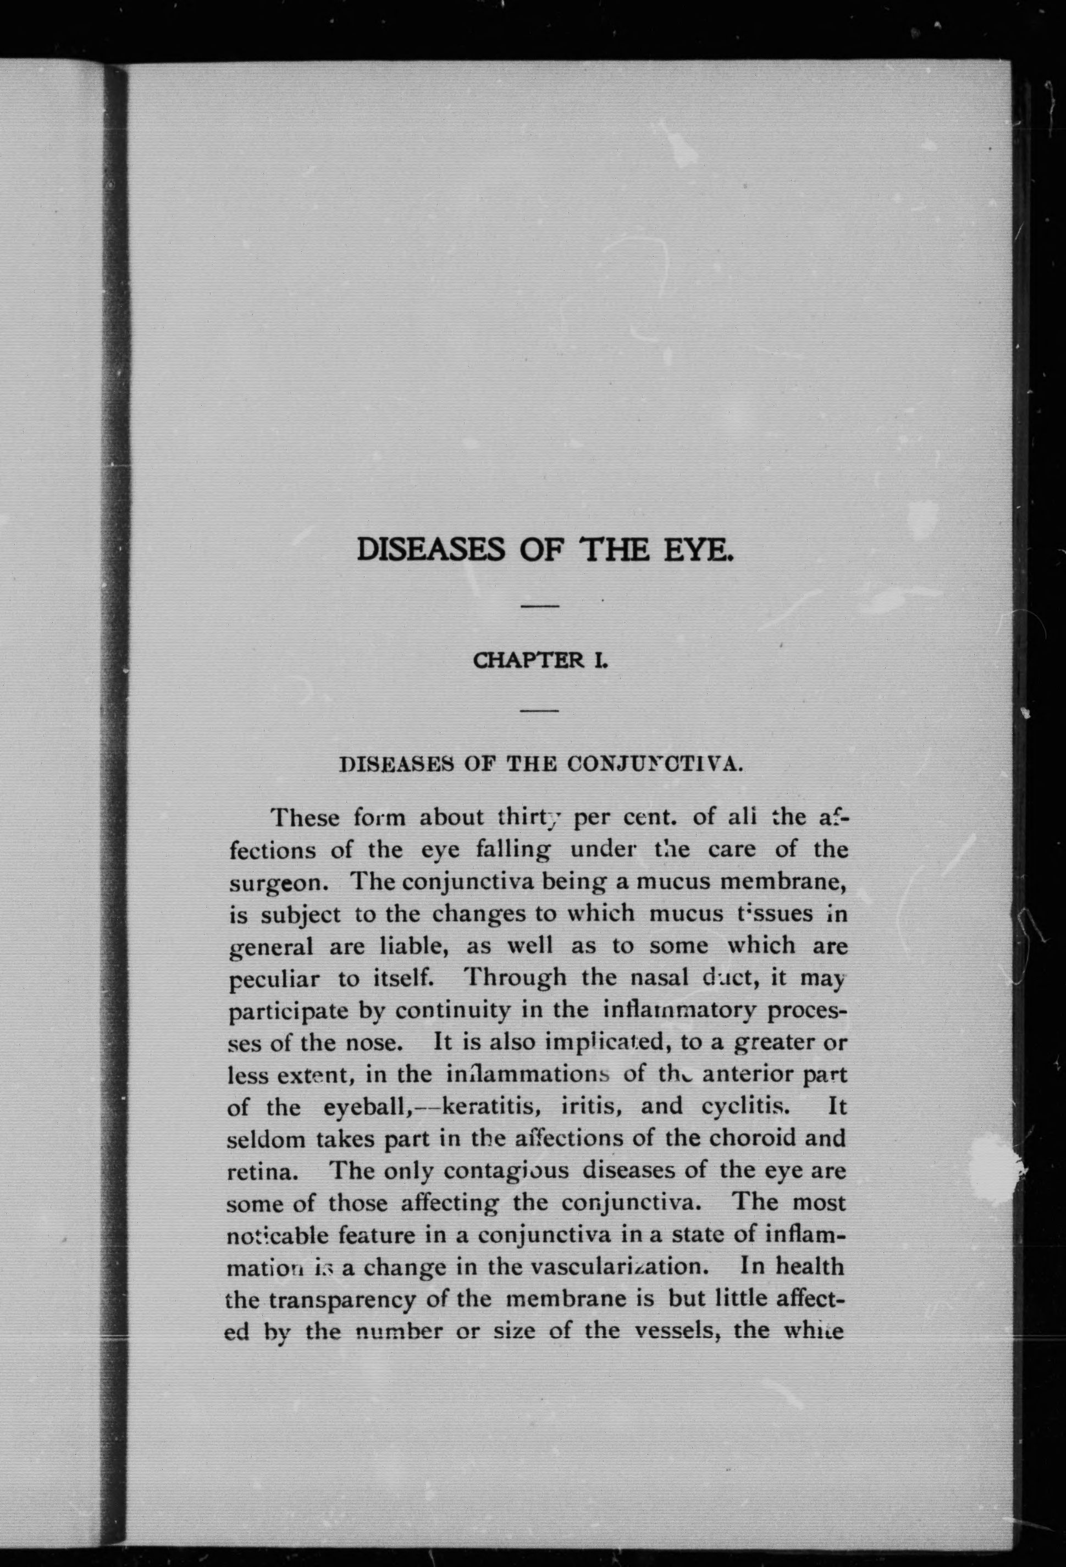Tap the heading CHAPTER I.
tap(542, 661)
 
